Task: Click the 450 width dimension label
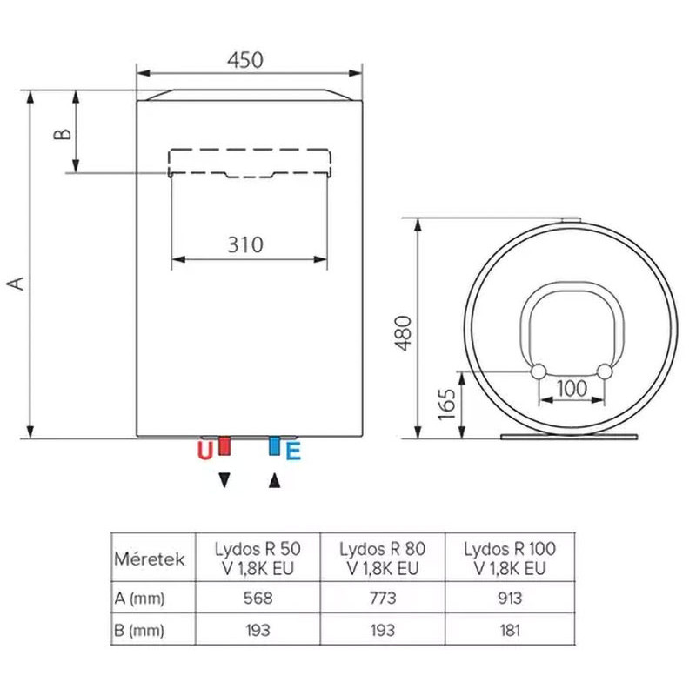(x=245, y=60)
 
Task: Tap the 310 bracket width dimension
(x=245, y=244)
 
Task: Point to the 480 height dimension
(x=404, y=333)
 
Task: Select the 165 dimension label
(x=447, y=404)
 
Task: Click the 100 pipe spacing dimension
(x=572, y=388)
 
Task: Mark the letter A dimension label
(x=17, y=283)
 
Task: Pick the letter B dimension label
(x=63, y=134)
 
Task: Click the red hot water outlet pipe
(x=224, y=446)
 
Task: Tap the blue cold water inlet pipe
(x=274, y=446)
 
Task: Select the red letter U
(x=205, y=451)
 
